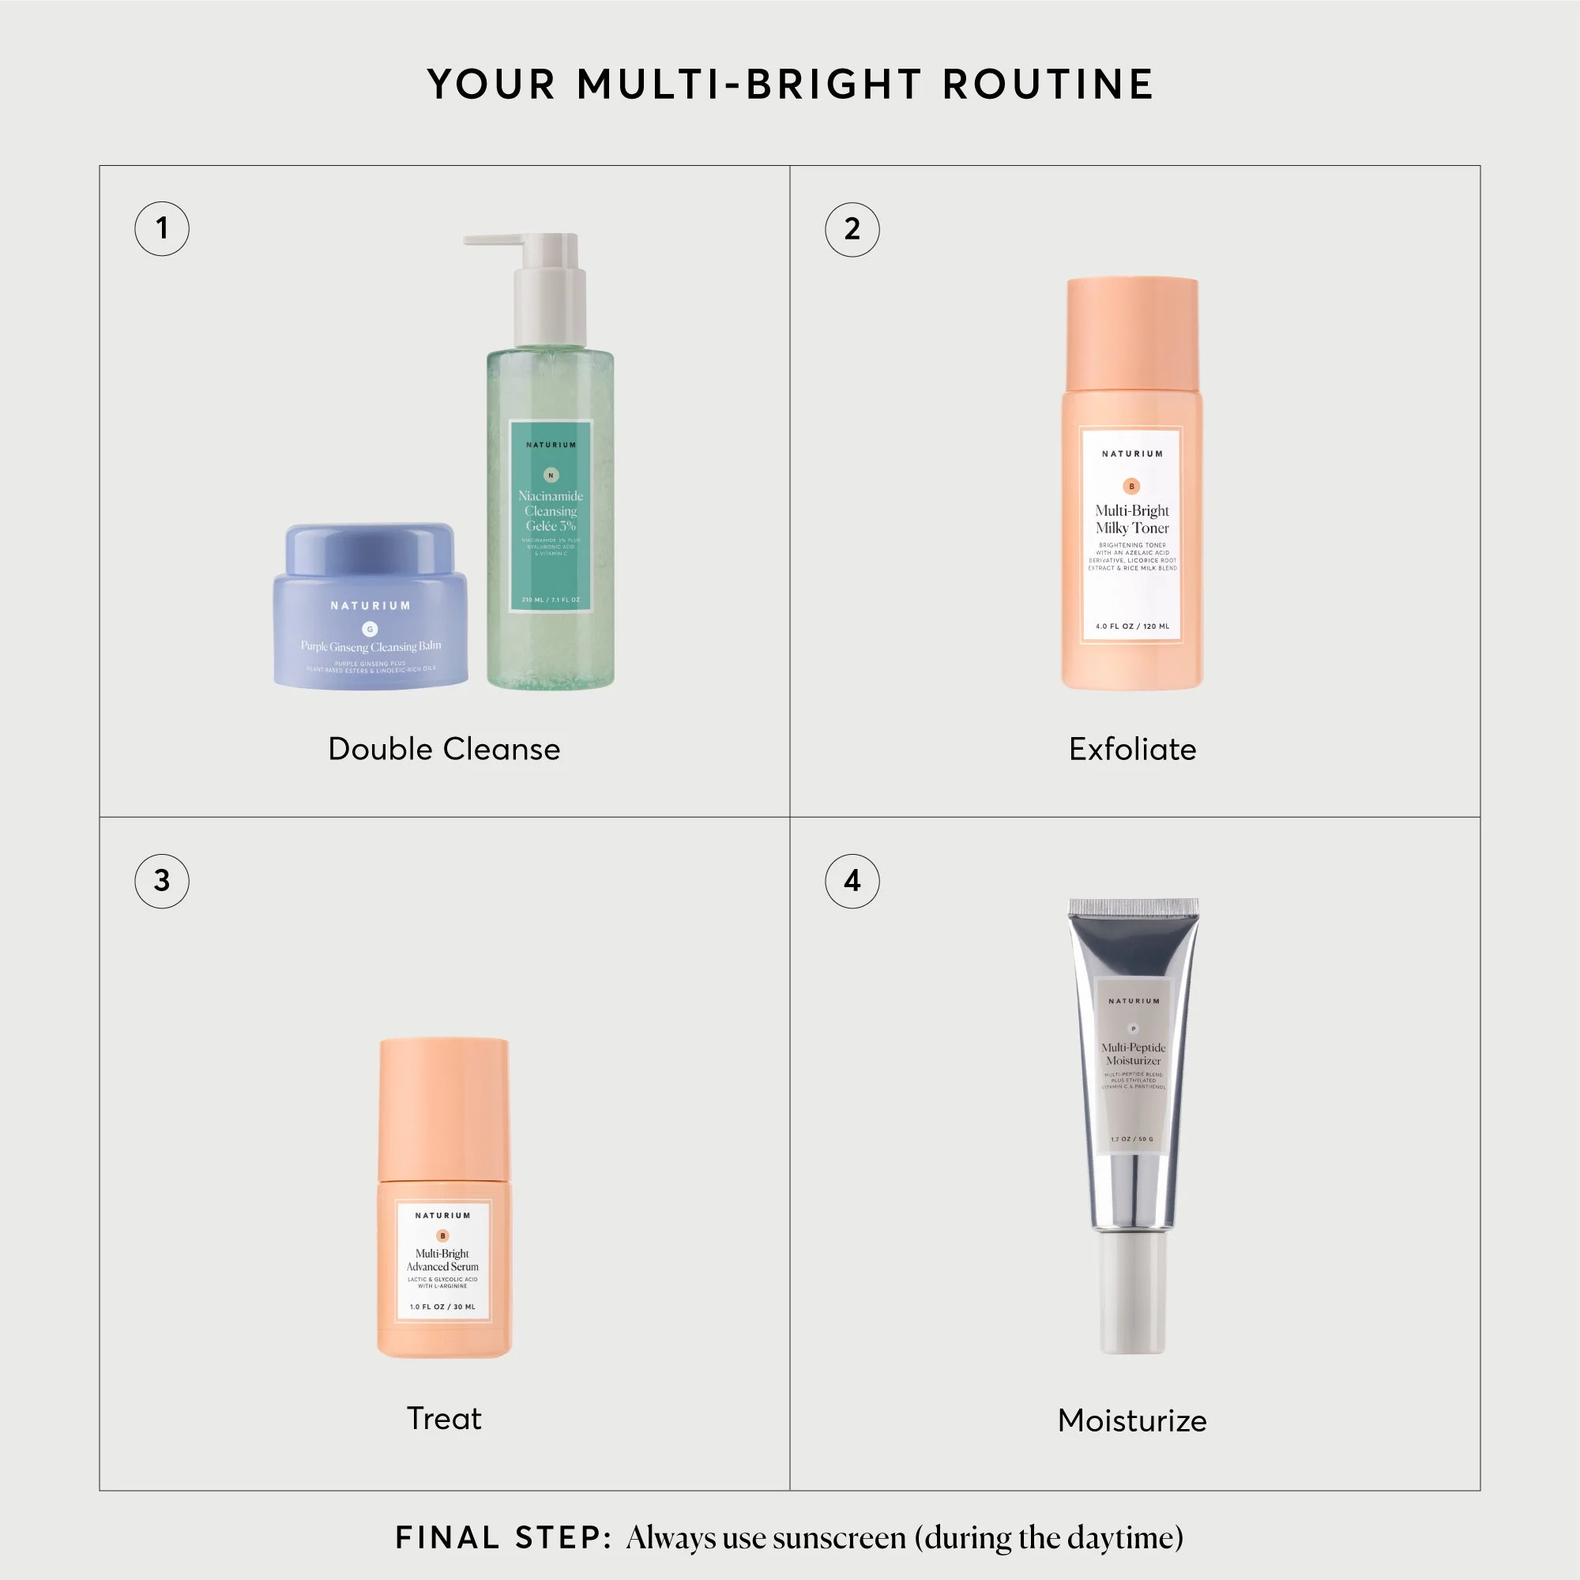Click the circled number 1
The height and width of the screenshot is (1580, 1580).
coord(162,228)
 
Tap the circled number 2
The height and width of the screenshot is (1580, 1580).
coord(852,229)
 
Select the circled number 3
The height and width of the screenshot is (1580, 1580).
coord(162,881)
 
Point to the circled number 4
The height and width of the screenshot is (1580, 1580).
coord(852,881)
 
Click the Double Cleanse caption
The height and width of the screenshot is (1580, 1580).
coord(444,749)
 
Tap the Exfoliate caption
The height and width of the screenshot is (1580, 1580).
coord(1132,749)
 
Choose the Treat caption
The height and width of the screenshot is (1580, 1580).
coord(444,1419)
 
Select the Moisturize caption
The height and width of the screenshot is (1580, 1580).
coord(1132,1421)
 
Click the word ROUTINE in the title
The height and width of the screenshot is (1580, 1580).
coord(1048,85)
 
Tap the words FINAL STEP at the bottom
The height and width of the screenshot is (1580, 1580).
coord(503,1537)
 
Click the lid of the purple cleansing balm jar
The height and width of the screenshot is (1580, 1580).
coord(370,548)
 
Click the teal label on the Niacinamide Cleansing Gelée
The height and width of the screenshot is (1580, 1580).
coord(551,515)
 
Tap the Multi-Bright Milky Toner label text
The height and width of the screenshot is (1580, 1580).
coord(1132,519)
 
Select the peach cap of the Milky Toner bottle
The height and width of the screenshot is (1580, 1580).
coord(1132,331)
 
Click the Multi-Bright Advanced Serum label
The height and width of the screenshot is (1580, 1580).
coord(442,1260)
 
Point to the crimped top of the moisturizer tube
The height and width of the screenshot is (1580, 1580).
coord(1133,906)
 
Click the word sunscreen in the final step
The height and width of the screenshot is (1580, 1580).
coord(839,1538)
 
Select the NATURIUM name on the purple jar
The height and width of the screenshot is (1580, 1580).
coord(370,606)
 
